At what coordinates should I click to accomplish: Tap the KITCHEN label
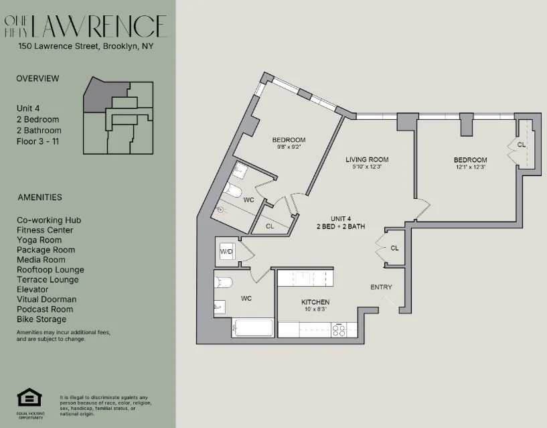tap(315, 302)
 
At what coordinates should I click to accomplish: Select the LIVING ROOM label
tap(367, 159)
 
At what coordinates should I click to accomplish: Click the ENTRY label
tap(381, 287)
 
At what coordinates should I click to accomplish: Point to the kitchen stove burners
tap(339, 329)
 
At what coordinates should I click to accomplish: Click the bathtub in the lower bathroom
tap(252, 328)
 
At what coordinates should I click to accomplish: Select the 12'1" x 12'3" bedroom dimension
tap(470, 167)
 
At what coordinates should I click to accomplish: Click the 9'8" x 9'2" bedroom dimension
tap(289, 147)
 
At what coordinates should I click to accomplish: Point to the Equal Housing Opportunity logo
tap(29, 399)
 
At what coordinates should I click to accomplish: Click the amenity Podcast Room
tap(44, 309)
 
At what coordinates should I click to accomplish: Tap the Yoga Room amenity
tap(39, 240)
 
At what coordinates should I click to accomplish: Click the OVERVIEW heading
tap(37, 78)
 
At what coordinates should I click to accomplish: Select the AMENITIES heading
tap(40, 198)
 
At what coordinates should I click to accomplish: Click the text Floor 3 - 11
tap(38, 141)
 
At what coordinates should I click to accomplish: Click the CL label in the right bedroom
tap(522, 144)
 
